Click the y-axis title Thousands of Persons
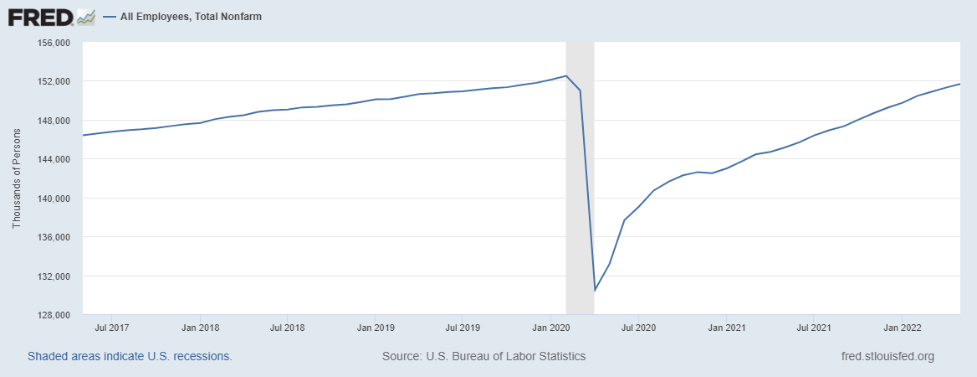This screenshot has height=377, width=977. pos(17,179)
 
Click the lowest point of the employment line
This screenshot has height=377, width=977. pos(595,290)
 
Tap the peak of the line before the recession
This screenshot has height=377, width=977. pos(566,76)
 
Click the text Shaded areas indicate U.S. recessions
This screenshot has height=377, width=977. pos(130,356)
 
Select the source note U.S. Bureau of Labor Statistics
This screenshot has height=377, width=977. pos(483,356)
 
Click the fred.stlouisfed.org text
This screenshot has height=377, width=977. pos(887,356)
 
